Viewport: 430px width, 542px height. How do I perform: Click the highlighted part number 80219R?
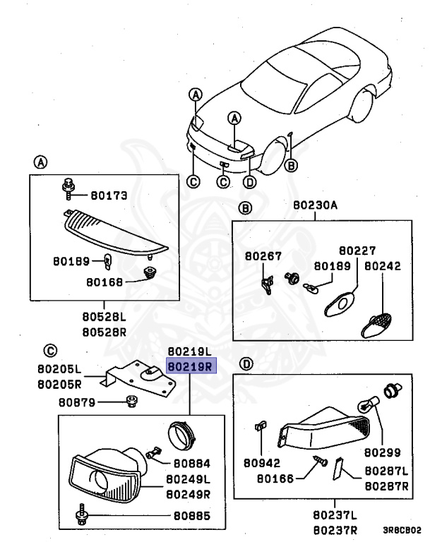(x=191, y=366)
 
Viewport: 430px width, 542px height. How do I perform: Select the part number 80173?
(x=109, y=195)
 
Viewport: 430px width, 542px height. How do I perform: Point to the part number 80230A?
(x=315, y=206)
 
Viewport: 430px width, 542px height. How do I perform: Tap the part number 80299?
(x=383, y=450)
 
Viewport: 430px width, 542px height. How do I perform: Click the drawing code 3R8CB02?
(x=402, y=529)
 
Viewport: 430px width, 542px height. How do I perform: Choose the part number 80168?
(x=105, y=282)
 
